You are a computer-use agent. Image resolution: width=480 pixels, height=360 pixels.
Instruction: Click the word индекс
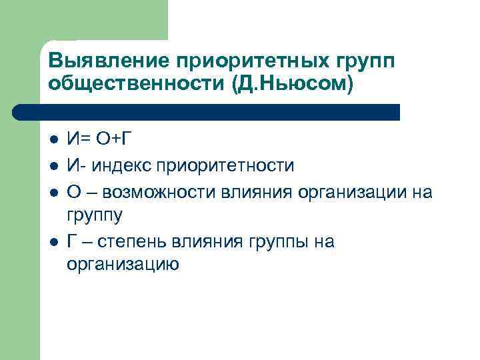point(122,165)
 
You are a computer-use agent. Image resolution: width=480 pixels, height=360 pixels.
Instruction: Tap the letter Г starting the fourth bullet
point(72,241)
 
